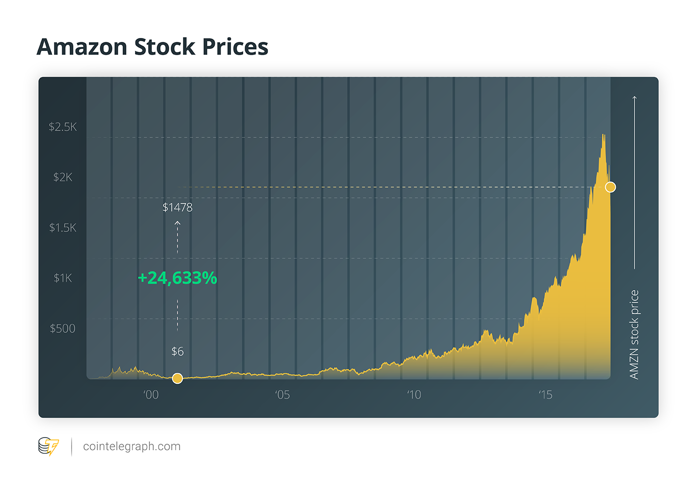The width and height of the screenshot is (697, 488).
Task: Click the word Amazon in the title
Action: click(x=82, y=47)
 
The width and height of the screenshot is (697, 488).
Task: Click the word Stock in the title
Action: click(x=164, y=47)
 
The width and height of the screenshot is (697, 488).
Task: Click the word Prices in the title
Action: click(x=235, y=47)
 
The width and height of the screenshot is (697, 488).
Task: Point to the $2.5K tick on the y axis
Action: click(x=62, y=127)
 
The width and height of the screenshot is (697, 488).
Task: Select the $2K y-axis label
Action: click(x=62, y=177)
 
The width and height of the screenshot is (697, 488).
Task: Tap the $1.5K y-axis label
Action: click(x=62, y=228)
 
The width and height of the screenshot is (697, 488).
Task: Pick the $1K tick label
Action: click(x=62, y=278)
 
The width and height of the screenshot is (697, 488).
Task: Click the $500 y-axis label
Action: click(x=62, y=329)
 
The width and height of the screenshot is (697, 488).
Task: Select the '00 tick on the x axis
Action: click(x=151, y=395)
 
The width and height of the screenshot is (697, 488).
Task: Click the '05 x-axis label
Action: click(x=282, y=395)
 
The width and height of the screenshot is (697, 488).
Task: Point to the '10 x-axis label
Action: click(x=414, y=395)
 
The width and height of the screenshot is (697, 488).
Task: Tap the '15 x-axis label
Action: click(x=545, y=395)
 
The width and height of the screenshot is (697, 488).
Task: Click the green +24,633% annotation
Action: click(x=177, y=278)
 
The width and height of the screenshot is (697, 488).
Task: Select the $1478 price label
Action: click(x=177, y=207)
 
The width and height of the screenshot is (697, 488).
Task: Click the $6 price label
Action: click(x=177, y=352)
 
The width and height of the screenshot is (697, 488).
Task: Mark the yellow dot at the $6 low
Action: click(x=177, y=378)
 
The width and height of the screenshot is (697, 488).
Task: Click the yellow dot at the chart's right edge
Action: click(x=610, y=187)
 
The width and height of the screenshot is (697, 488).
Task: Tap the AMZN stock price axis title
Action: click(x=634, y=334)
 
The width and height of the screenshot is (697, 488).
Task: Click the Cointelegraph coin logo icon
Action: click(x=48, y=446)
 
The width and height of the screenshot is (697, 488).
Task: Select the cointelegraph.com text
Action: click(x=132, y=446)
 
